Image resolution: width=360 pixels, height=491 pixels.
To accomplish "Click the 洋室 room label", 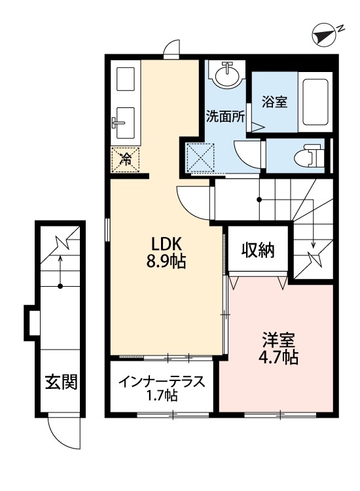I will click(279, 340).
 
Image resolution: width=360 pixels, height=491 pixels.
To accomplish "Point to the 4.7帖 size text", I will click(279, 359).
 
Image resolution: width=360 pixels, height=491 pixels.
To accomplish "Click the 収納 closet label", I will click(258, 249).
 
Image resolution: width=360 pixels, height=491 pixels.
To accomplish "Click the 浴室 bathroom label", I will click(275, 102).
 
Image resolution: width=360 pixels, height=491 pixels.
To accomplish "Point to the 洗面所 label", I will click(225, 118).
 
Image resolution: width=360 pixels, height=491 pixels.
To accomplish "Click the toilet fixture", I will click(306, 156).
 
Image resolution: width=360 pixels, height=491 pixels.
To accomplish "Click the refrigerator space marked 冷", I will click(126, 158).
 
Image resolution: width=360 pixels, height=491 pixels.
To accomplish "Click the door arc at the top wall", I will click(171, 48).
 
